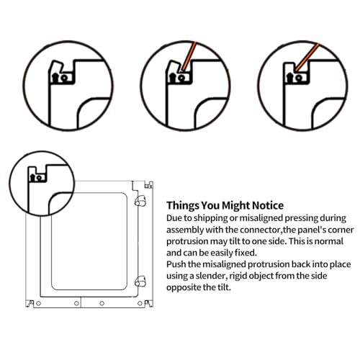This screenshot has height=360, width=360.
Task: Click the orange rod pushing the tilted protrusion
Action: (188, 56)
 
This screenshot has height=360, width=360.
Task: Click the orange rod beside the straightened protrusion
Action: (307, 57)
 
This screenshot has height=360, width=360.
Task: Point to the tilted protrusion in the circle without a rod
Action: (57, 68)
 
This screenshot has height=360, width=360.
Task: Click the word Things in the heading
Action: (183, 205)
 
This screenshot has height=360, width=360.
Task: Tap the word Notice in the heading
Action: (268, 205)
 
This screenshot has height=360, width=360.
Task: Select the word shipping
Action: (210, 218)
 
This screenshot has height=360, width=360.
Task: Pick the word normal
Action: (329, 241)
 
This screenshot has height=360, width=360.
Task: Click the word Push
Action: (176, 264)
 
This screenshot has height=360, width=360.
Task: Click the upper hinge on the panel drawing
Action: (140, 201)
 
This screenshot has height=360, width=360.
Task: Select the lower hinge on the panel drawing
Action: (140, 281)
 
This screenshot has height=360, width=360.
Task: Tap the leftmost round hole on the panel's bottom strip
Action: (38, 304)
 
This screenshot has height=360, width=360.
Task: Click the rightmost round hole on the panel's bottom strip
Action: (140, 304)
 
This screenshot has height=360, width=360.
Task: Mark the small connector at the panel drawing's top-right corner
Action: (148, 186)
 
